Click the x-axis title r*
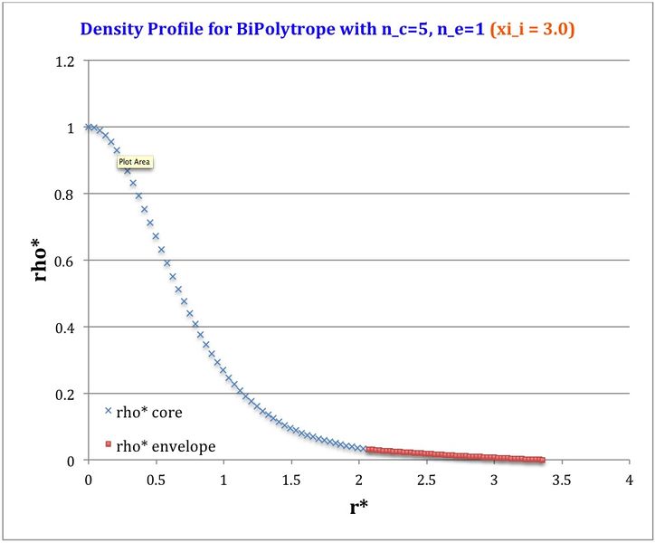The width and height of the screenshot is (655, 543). [x=358, y=507]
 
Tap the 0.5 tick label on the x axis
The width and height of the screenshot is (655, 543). [x=156, y=478]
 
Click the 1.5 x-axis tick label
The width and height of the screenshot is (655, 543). [x=291, y=478]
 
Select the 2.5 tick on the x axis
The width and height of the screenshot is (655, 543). [x=426, y=478]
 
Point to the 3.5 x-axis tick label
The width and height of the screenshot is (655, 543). [x=562, y=478]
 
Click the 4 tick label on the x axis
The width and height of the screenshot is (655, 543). [x=629, y=478]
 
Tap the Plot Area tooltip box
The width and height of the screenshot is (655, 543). [x=136, y=163]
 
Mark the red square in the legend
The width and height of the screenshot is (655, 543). [x=108, y=445]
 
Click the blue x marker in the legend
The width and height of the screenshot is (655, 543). [x=108, y=412]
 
